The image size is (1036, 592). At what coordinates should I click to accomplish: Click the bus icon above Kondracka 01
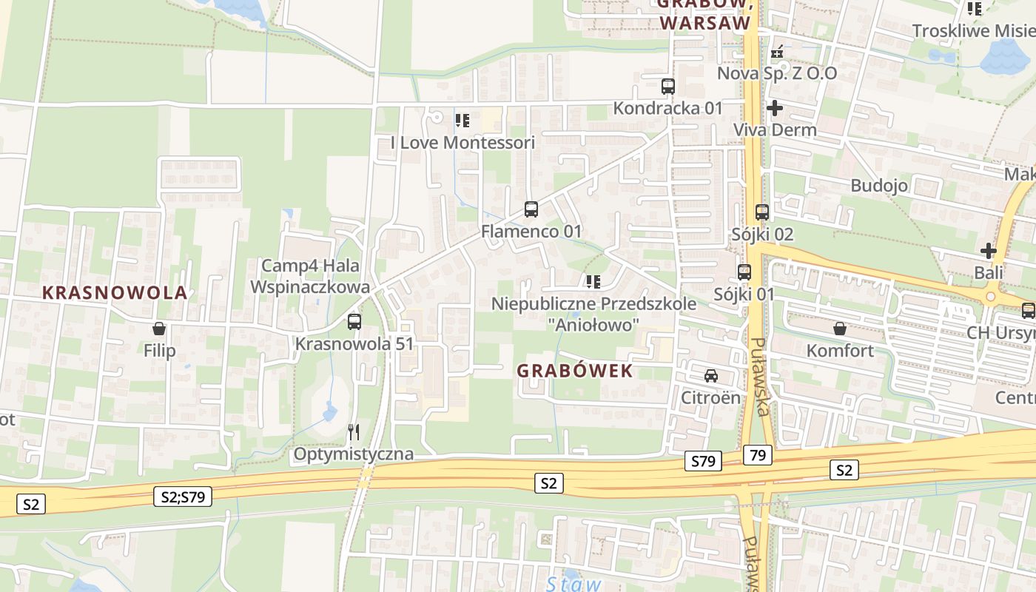[668, 86]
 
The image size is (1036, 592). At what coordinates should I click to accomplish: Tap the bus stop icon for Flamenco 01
[531, 209]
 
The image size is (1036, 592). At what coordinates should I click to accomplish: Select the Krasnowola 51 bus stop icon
[354, 322]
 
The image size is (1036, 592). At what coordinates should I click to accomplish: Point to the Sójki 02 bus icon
[762, 212]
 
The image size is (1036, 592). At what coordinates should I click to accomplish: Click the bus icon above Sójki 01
[744, 272]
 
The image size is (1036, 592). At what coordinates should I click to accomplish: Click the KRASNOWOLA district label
[115, 292]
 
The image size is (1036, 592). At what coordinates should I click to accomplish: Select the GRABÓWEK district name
[575, 371]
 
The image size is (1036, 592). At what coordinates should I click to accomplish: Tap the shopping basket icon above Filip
[158, 329]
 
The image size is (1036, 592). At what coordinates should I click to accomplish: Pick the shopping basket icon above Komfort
[840, 328]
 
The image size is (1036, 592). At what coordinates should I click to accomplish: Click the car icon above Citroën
[711, 375]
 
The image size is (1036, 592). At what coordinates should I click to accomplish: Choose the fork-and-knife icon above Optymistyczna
[354, 431]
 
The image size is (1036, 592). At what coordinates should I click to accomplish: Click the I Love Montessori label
[462, 142]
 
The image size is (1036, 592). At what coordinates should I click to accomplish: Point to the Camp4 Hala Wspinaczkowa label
[310, 276]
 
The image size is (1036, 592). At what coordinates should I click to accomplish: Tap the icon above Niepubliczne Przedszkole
[593, 281]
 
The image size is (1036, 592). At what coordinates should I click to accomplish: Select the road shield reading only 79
[757, 454]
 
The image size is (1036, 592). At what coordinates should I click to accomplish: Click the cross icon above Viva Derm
[775, 109]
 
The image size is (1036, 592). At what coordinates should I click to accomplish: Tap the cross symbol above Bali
[988, 251]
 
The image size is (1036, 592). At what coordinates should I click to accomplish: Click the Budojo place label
[879, 185]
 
